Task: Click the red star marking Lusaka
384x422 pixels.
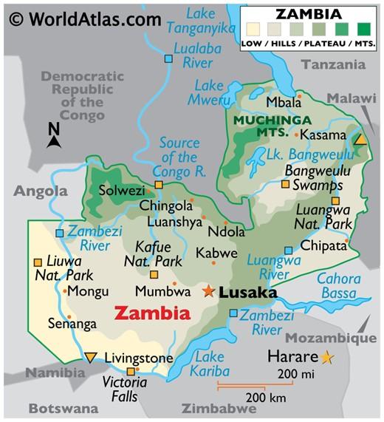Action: click(209, 291)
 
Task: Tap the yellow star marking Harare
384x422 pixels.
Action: click(326, 358)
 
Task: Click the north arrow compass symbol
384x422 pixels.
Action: click(53, 136)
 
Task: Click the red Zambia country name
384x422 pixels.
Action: click(151, 313)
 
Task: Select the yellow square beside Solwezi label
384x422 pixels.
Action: click(158, 185)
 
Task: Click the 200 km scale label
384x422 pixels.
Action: click(265, 398)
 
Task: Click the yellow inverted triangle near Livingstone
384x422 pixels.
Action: click(90, 358)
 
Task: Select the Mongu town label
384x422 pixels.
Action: click(88, 291)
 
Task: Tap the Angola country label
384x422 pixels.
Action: click(40, 191)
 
